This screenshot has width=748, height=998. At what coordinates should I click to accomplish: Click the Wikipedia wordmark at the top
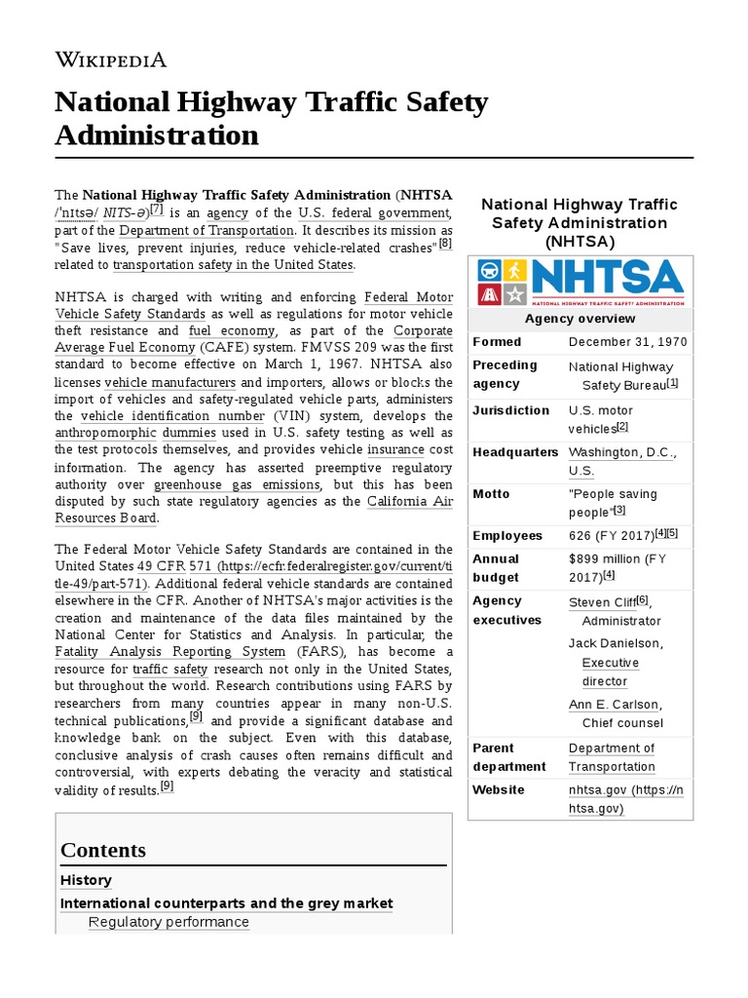[x=110, y=59]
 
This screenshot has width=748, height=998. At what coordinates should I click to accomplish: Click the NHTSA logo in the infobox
[x=580, y=283]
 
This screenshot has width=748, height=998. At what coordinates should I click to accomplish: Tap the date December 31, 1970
[x=627, y=342]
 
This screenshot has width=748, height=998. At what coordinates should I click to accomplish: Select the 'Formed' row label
[x=497, y=342]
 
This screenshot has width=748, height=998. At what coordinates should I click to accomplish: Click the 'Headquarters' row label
[x=515, y=452]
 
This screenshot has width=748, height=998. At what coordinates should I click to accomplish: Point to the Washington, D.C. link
[x=621, y=452]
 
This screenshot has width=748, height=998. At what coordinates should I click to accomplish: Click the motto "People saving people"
[x=613, y=502]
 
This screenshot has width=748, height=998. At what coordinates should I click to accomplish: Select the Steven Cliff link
[x=601, y=603]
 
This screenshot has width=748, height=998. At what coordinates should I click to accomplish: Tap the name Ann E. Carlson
[x=615, y=705]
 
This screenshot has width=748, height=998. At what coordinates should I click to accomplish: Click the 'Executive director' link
[x=611, y=672]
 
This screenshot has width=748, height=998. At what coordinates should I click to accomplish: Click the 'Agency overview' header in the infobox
[x=580, y=319]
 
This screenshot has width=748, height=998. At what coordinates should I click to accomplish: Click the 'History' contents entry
[x=86, y=880]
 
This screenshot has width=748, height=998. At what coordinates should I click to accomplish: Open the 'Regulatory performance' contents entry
[x=168, y=922]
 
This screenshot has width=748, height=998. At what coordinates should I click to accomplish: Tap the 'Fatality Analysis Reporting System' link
[x=169, y=651]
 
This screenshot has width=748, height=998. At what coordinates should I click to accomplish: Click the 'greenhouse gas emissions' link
[x=238, y=484]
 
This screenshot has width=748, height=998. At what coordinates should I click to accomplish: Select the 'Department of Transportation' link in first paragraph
[x=206, y=231]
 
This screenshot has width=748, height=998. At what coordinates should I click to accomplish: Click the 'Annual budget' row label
[x=497, y=567]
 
